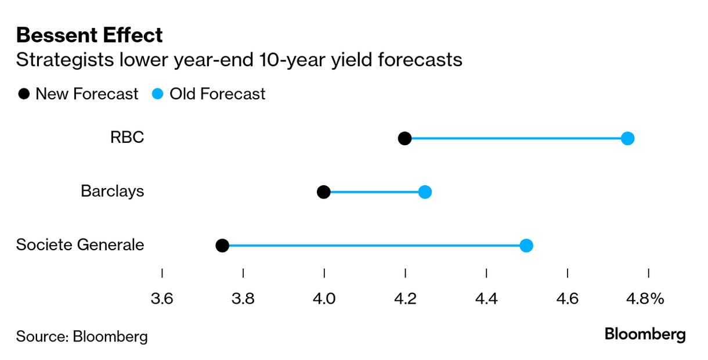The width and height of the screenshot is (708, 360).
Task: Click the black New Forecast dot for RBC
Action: click(x=404, y=138)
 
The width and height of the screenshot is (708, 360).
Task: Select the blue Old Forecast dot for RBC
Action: click(x=628, y=138)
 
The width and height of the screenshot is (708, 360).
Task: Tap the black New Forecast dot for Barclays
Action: click(x=324, y=192)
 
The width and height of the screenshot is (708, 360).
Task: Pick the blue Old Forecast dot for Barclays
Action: click(x=425, y=192)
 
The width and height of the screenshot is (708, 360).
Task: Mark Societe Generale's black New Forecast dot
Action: click(x=222, y=246)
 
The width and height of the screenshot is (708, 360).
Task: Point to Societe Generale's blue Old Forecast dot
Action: click(x=526, y=246)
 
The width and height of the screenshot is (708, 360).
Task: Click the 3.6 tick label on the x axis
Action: click(x=162, y=298)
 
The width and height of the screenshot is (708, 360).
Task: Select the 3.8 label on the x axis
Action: click(x=243, y=298)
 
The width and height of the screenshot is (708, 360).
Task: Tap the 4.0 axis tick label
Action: click(x=324, y=298)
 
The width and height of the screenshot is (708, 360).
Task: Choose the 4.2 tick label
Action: click(x=405, y=298)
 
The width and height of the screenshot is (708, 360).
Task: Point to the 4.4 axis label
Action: click(x=486, y=298)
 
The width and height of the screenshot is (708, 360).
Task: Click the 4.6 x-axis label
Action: click(x=568, y=298)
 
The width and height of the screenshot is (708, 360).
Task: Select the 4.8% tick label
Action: click(x=645, y=298)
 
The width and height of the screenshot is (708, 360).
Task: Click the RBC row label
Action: click(x=127, y=137)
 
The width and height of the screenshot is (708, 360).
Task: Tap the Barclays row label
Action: click(x=113, y=191)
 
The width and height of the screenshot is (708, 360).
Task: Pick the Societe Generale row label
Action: click(x=80, y=244)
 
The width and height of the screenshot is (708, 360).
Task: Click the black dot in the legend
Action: click(x=24, y=93)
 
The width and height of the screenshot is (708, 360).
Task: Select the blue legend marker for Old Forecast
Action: click(x=157, y=93)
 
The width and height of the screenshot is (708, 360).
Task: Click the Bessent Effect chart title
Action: click(x=89, y=35)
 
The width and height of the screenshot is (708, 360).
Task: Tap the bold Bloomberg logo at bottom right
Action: click(x=645, y=334)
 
